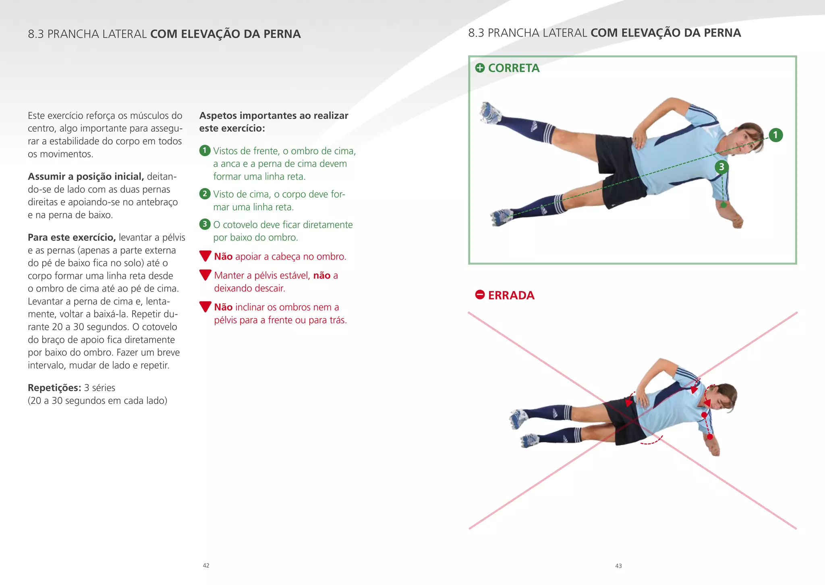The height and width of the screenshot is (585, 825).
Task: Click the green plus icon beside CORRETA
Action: pos(480,68)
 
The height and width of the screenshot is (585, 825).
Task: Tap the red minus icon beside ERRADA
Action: pos(480,295)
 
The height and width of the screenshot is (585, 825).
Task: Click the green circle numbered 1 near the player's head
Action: pos(775,135)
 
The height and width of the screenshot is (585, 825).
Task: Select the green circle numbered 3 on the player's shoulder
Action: pos(721,167)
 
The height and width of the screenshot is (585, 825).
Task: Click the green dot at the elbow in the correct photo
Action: pos(723,205)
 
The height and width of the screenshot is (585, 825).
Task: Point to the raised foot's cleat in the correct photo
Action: pos(489,112)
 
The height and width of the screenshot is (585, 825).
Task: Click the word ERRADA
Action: pos(511,295)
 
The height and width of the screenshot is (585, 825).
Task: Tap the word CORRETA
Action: pos(514,68)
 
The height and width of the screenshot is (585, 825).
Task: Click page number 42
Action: pos(206,565)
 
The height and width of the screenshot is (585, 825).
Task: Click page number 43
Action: pos(618,566)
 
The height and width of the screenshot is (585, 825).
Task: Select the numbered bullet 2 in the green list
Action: pos(205,194)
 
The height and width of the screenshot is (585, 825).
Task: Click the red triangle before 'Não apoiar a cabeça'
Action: pos(205,256)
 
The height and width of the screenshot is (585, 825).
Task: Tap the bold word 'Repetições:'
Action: pos(54,388)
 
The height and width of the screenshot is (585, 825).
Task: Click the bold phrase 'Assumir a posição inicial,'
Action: pos(86,176)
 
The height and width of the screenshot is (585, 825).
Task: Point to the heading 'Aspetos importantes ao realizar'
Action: pos(274,116)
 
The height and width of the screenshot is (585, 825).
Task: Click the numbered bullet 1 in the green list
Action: pos(205,151)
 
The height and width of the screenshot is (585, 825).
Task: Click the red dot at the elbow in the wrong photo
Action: pos(710,436)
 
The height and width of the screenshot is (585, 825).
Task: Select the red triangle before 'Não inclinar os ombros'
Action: pos(205,306)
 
